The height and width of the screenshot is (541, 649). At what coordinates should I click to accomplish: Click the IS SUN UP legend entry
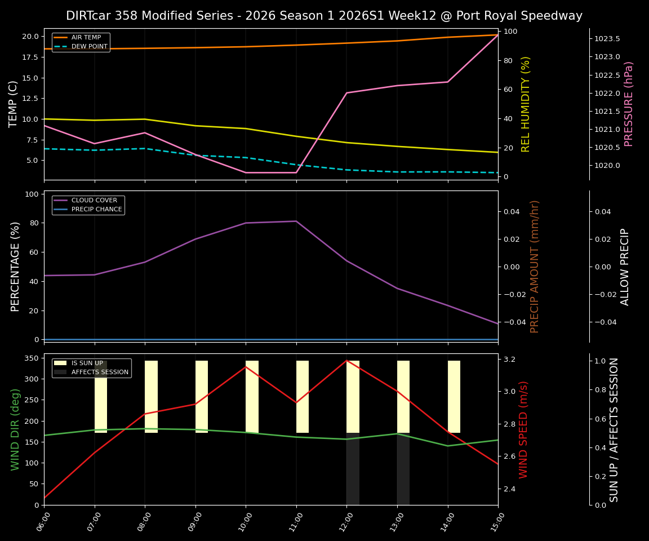(x=87, y=363)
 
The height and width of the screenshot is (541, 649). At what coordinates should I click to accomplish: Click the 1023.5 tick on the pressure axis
(x=607, y=39)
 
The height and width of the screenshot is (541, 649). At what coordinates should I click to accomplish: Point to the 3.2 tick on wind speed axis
(x=510, y=359)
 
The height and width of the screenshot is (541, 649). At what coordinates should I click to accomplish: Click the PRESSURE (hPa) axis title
(x=629, y=104)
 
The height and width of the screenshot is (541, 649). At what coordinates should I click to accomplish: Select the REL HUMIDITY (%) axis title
(x=526, y=104)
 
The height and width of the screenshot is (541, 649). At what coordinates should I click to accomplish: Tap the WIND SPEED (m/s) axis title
(x=523, y=429)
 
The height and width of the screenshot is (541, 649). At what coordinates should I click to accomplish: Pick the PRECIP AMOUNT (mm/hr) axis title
(x=535, y=266)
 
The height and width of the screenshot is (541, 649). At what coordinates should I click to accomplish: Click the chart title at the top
(x=324, y=16)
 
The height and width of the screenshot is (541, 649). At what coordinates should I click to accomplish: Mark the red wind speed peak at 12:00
(x=346, y=360)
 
